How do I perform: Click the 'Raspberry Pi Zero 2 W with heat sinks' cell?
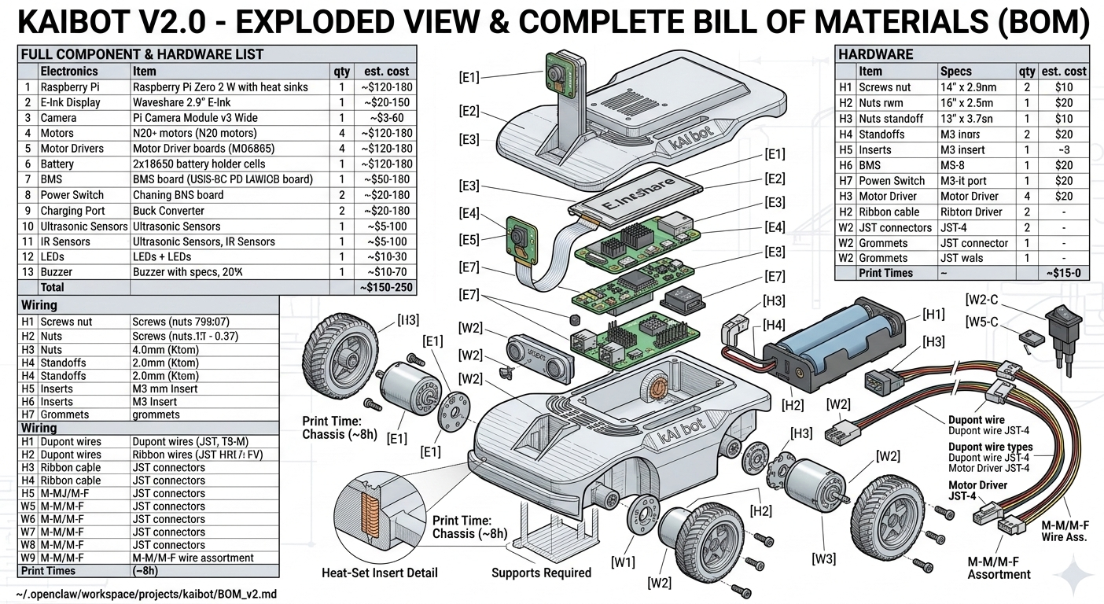click(220, 87)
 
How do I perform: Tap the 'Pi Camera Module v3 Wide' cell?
click(195, 118)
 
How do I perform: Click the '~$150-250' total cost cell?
click(385, 288)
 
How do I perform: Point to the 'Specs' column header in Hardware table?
click(956, 71)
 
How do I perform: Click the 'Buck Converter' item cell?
click(168, 211)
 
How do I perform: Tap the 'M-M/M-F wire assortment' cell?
click(193, 558)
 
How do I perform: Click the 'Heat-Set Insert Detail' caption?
click(380, 573)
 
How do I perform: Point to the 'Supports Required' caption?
click(541, 573)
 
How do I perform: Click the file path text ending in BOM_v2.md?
click(146, 595)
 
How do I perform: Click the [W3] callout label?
click(823, 559)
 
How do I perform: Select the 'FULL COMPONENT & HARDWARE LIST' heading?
click(142, 54)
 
